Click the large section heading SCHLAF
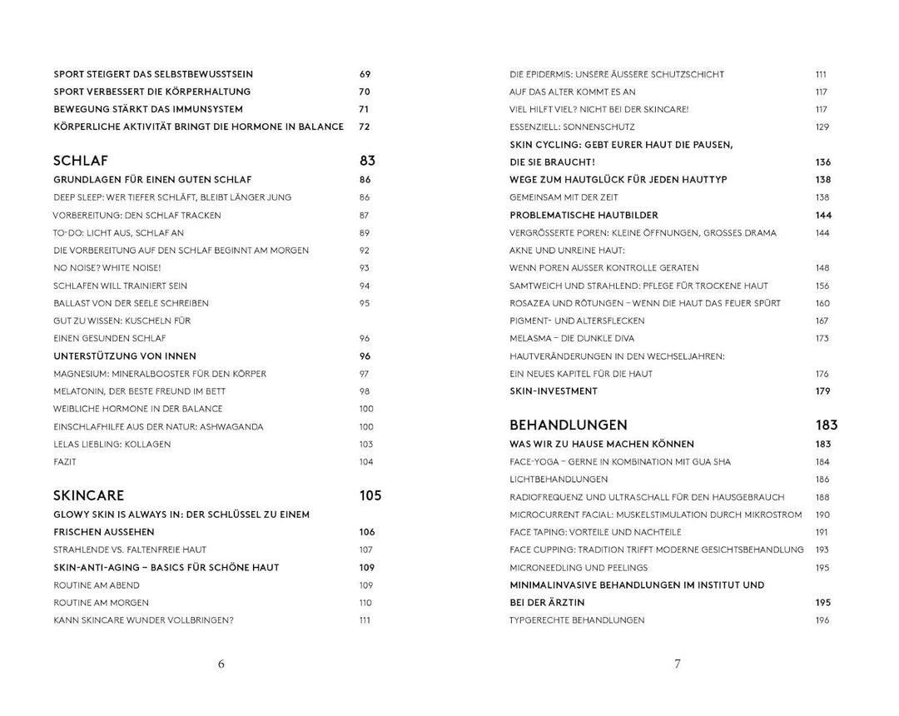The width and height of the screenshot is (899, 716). [x=81, y=161]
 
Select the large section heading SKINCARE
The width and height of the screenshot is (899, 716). [x=89, y=495]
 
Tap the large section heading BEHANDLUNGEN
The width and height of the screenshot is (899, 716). [x=569, y=425]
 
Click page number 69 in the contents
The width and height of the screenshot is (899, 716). [x=365, y=74]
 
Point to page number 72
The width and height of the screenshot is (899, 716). [x=365, y=127]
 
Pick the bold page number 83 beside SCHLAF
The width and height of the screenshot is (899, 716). [x=368, y=161]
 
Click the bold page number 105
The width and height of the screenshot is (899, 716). [x=370, y=495]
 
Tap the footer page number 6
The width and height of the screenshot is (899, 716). [x=221, y=664]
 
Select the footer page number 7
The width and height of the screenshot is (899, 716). [x=678, y=664]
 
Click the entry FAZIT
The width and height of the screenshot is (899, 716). [x=65, y=461]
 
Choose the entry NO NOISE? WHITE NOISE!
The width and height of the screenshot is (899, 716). [x=107, y=268]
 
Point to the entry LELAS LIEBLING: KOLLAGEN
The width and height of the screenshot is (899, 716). [x=112, y=444]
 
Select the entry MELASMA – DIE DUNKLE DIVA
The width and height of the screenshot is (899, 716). [x=572, y=338]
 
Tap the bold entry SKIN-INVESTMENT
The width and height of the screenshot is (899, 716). [x=554, y=390]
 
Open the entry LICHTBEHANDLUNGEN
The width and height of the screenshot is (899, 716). [x=559, y=480]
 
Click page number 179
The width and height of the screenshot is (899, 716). [x=823, y=390]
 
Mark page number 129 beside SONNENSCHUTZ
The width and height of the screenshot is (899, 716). [x=822, y=127]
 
